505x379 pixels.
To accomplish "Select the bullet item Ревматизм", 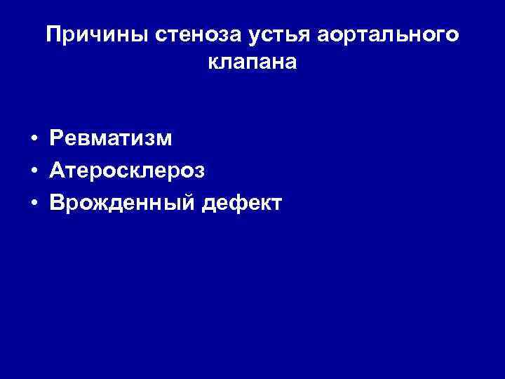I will [x=110, y=139].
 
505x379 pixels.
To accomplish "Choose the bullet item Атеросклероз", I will [x=128, y=171].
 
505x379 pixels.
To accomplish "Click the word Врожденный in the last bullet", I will [x=123, y=204].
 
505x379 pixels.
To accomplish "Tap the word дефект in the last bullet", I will [x=242, y=204].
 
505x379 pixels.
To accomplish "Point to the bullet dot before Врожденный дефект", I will [x=34, y=204].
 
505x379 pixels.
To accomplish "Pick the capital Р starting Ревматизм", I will [x=56, y=139].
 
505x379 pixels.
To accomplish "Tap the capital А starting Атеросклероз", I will [x=57, y=171].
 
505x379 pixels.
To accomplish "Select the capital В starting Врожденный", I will [x=56, y=204].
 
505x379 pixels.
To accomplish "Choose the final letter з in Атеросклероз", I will [x=201, y=172].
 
